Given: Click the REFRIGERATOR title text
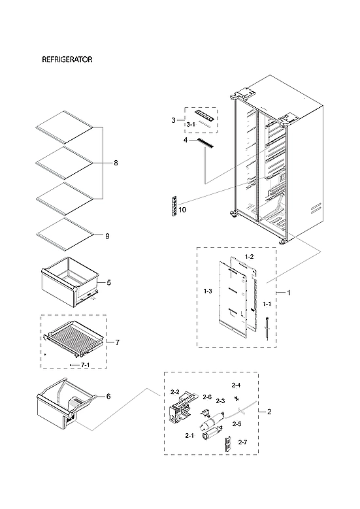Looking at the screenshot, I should tap(67, 59).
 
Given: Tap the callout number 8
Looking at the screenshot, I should tap(116, 163).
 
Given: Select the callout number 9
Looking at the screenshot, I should tap(107, 236).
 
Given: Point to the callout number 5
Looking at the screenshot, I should tap(108, 283).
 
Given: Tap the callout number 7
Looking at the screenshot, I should tap(117, 342).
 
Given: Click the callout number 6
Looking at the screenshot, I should tap(108, 397).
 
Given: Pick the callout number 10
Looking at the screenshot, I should tap(182, 210).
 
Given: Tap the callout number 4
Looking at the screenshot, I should tap(186, 140).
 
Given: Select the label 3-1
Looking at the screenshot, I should tap(191, 123).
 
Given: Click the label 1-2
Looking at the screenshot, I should tap(249, 257).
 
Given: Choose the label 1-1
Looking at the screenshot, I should tap(267, 304).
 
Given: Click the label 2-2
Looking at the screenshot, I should tap(174, 392).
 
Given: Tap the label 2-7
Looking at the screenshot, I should tap(242, 442).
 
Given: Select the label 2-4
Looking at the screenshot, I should tap(236, 386).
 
